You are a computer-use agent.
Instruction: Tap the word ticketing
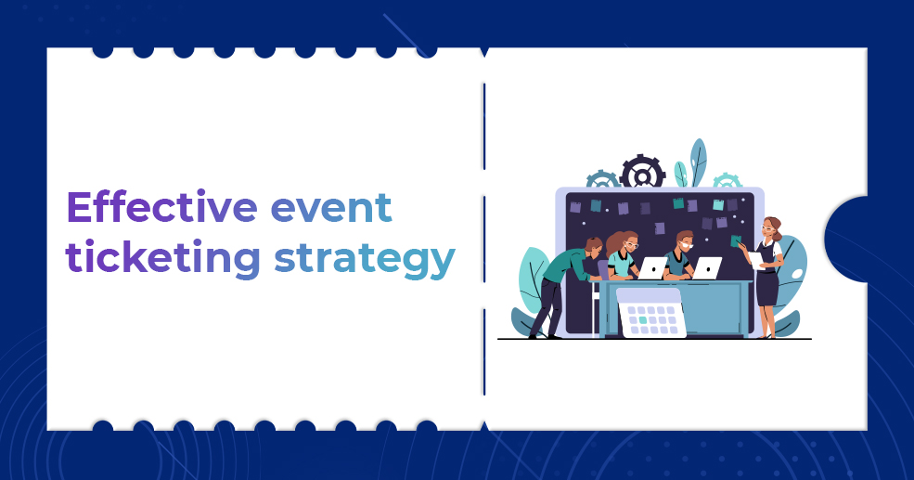point(162,257)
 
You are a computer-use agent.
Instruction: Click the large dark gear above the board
point(643,173)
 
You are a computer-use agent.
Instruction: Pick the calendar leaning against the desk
point(651,313)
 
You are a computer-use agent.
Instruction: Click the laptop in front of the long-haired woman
point(652,267)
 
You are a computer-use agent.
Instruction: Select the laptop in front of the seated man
point(707,267)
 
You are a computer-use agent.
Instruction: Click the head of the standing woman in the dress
point(771,227)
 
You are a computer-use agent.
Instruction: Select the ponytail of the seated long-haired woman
point(611,243)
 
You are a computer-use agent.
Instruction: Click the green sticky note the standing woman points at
point(736,240)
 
